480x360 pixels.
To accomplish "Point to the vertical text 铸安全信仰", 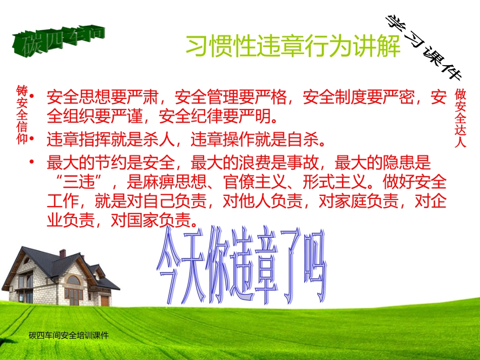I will (22, 114).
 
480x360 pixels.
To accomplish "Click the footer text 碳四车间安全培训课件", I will (69, 335).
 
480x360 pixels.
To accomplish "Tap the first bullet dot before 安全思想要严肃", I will (33, 95).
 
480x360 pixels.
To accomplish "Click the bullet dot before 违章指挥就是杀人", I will (33, 138).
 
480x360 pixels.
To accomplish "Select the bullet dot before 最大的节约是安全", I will (33, 162).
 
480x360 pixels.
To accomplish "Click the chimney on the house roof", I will (62, 253).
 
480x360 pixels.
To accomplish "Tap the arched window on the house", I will (73, 280).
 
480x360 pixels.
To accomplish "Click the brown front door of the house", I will (105, 300).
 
